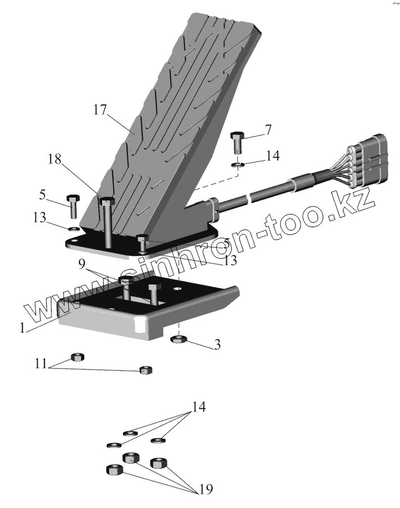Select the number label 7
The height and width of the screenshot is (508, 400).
coord(268,130)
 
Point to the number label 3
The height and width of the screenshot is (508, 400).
coord(217,344)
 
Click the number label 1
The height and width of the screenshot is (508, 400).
coord(22,328)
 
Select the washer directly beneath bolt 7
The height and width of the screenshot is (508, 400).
coord(238,165)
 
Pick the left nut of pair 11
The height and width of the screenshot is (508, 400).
coord(78,357)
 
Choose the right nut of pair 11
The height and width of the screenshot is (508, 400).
coord(146,370)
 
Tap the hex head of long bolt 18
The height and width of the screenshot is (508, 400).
coord(107,201)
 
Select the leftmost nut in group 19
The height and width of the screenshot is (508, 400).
coord(113,469)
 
